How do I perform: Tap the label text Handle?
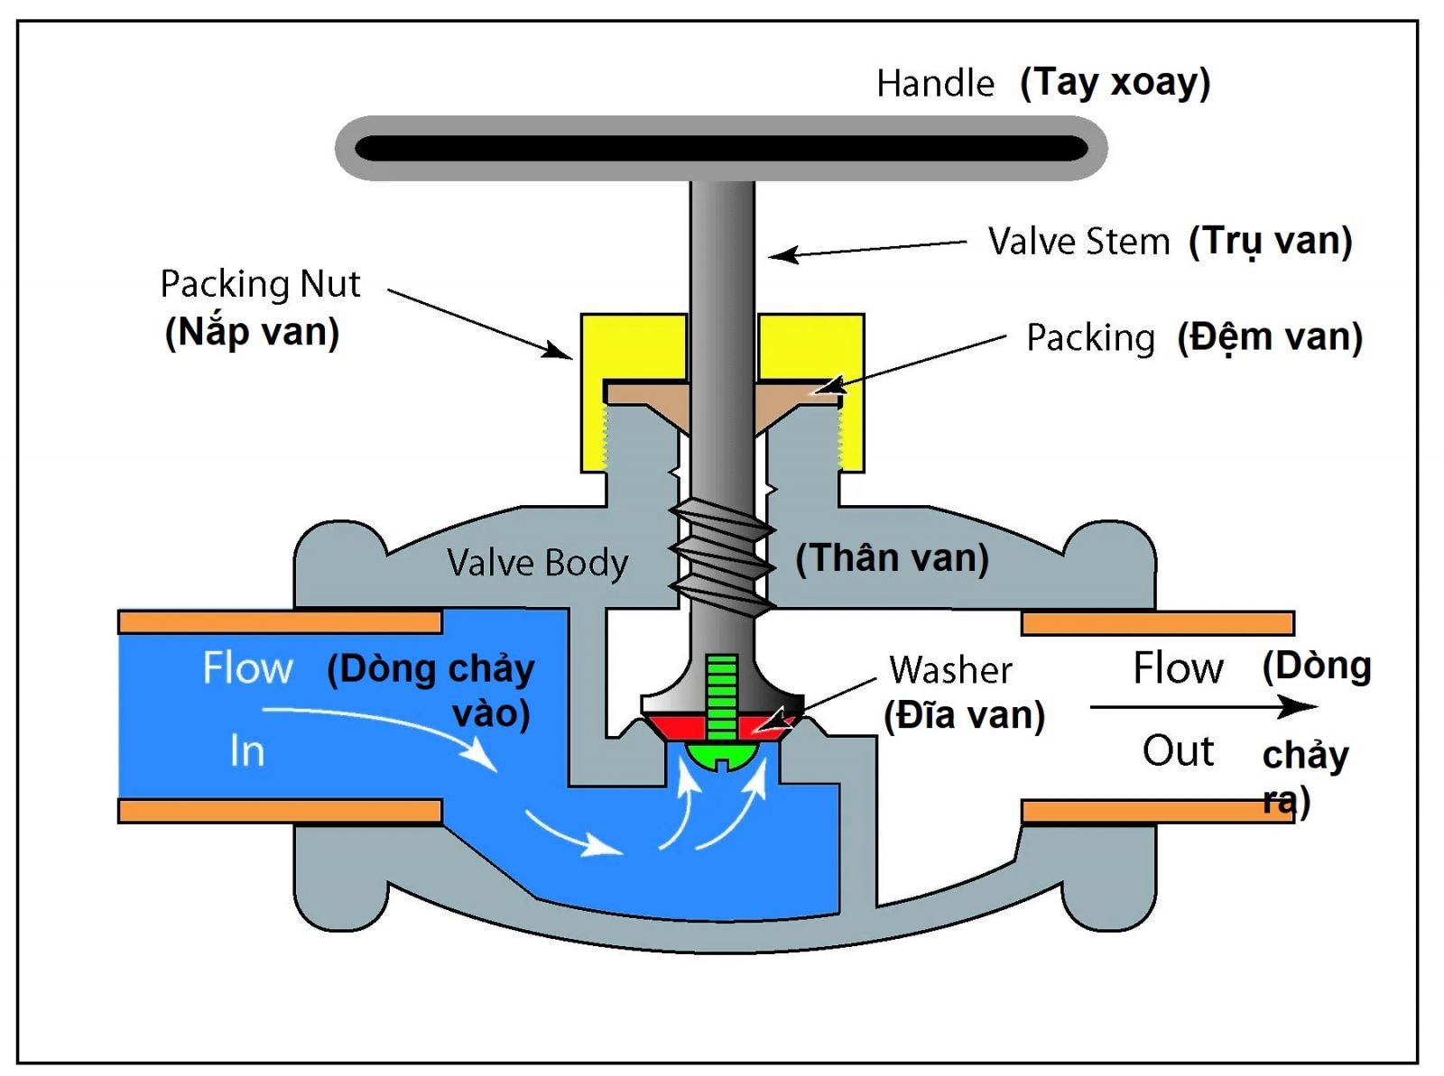coord(935,84)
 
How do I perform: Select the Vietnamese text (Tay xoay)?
coord(1115,83)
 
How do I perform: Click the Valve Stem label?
coord(1078,242)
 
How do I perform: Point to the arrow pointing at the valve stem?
coord(866,249)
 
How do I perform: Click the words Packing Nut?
coord(260,284)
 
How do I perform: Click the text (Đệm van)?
coord(1269,337)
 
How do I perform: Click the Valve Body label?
coord(537,563)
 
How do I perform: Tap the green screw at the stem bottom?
coord(721,713)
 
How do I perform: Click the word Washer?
coord(950,670)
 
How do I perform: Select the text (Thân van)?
coord(892,558)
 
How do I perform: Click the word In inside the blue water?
coord(246,750)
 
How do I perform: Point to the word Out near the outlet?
coord(1178,750)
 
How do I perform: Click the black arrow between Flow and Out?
coord(1200,706)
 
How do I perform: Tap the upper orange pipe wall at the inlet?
coord(280,622)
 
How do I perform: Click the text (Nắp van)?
coord(252,332)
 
